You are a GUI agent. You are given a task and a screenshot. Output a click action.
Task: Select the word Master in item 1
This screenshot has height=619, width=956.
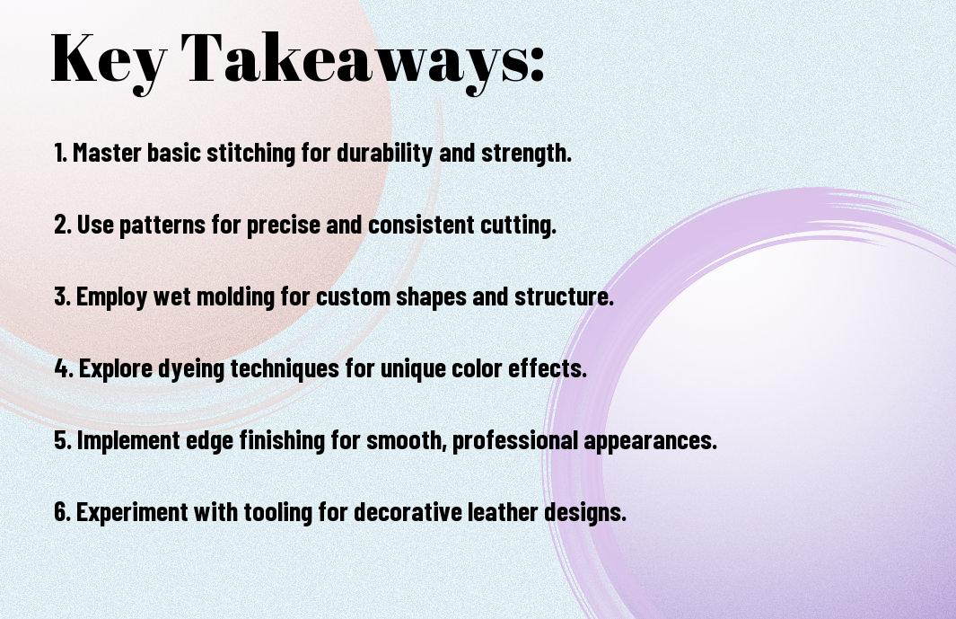point(108,152)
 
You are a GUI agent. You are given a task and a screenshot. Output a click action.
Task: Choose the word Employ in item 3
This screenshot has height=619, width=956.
point(111,297)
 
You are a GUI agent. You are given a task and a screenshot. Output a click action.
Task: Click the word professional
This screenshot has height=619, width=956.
point(515,441)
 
